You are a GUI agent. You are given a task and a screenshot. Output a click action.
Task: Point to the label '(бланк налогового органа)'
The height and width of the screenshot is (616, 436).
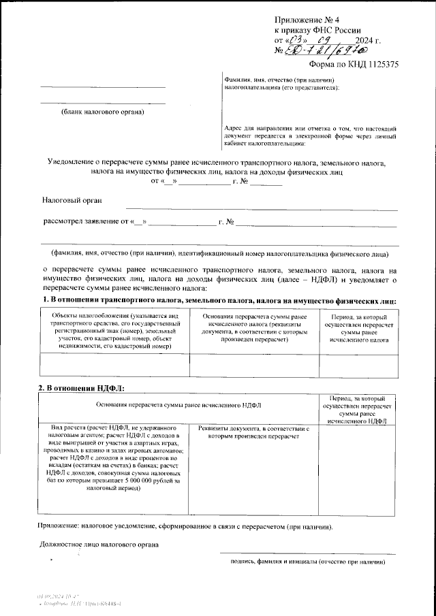point(102,111)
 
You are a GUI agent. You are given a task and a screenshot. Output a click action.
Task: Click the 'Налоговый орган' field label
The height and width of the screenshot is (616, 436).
point(72,200)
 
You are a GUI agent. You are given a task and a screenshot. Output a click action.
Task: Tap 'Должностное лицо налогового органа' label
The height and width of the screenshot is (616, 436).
point(99,545)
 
